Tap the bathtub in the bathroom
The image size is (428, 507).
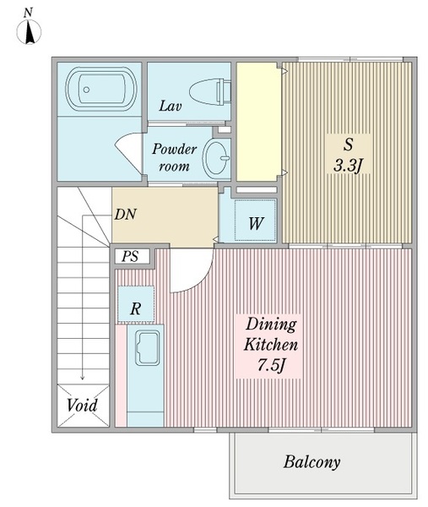pyautogui.click(x=100, y=90)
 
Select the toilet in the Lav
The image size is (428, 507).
pyautogui.click(x=210, y=92)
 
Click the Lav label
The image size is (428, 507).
pyautogui.click(x=170, y=106)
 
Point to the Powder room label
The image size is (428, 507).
pyautogui.click(x=174, y=157)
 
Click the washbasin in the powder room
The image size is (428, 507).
pyautogui.click(x=216, y=158)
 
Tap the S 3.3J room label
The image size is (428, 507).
pyautogui.click(x=349, y=155)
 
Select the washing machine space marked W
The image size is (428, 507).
pyautogui.click(x=255, y=221)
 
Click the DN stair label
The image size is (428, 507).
pyautogui.click(x=126, y=214)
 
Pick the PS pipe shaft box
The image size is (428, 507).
pyautogui.click(x=133, y=256)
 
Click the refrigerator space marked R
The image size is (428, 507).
pyautogui.click(x=136, y=304)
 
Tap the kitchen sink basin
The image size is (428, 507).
pyautogui.click(x=148, y=348)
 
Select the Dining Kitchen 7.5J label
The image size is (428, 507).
pyautogui.click(x=271, y=345)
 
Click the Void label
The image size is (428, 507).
pyautogui.click(x=82, y=406)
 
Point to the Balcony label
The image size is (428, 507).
pyautogui.click(x=312, y=462)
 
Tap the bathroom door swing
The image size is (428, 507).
pyautogui.click(x=129, y=153)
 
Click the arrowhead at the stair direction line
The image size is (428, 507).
pyautogui.click(x=83, y=377)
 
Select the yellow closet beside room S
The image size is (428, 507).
pyautogui.click(x=258, y=122)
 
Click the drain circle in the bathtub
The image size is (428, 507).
pyautogui.click(x=86, y=90)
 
